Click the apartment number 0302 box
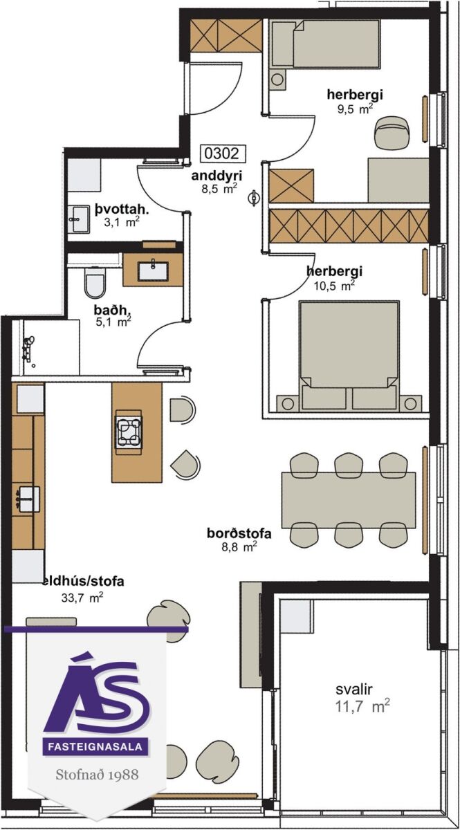point(223,153)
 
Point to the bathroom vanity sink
point(153,271)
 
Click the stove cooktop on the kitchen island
point(128,432)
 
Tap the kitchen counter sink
point(28,499)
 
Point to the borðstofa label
point(239,533)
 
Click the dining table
point(349,500)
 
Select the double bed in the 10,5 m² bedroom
point(349,356)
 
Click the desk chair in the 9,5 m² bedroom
point(392,132)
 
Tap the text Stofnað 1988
point(97,775)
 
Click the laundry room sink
point(78,219)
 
